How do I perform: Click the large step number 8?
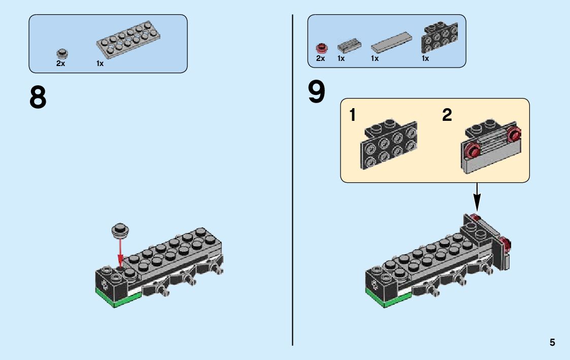click(x=38, y=97)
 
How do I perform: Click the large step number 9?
click(x=317, y=92)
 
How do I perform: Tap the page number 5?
click(x=552, y=343)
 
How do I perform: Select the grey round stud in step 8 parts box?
click(x=62, y=53)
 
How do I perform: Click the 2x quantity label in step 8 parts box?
click(x=60, y=64)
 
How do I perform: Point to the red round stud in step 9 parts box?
click(x=320, y=49)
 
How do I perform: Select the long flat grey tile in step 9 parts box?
click(x=392, y=44)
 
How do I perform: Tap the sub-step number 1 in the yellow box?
click(x=353, y=115)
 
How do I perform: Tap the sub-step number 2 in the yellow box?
click(x=447, y=115)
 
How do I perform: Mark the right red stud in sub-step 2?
click(x=514, y=135)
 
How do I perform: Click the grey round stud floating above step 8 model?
click(x=120, y=231)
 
